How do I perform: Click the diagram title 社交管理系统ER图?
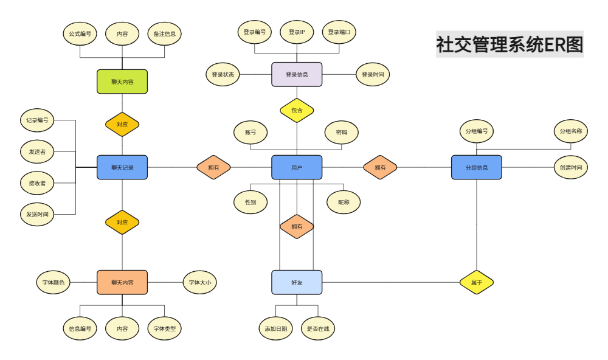pyautogui.click(x=510, y=44)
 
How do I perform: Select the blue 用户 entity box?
pyautogui.click(x=297, y=168)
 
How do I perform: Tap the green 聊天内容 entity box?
pyautogui.click(x=122, y=82)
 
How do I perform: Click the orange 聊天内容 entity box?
pyautogui.click(x=122, y=282)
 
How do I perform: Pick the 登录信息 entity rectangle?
pyautogui.click(x=297, y=74)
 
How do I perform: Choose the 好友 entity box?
pyautogui.click(x=297, y=282)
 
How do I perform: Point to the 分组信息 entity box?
pyautogui.click(x=477, y=168)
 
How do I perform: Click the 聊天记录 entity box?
pyautogui.click(x=122, y=168)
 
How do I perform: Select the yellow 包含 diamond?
pyautogui.click(x=297, y=111)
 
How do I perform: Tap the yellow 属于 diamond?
pyautogui.click(x=477, y=282)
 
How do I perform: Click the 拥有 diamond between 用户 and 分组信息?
pyautogui.click(x=380, y=168)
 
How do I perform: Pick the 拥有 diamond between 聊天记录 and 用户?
pyautogui.click(x=213, y=168)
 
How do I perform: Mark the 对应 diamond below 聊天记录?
pyautogui.click(x=122, y=223)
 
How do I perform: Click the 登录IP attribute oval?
pyautogui.click(x=297, y=32)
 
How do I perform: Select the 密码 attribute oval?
pyautogui.click(x=342, y=133)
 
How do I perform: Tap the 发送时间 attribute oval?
pyautogui.click(x=37, y=214)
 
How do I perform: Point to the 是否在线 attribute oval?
pyautogui.click(x=318, y=328)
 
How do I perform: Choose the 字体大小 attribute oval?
pyautogui.click(x=199, y=282)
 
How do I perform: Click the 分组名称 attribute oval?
pyautogui.click(x=571, y=131)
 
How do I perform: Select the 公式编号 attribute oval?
pyautogui.click(x=80, y=34)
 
